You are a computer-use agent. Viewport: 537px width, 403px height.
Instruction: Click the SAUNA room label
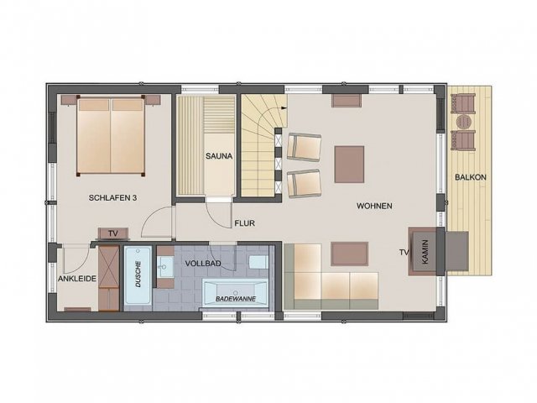pyautogui.click(x=219, y=156)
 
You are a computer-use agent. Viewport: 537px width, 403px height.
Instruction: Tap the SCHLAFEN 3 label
pyautogui.click(x=112, y=198)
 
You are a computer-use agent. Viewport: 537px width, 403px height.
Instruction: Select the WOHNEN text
pyautogui.click(x=374, y=206)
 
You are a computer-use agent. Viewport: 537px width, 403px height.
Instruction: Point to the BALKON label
pyautogui.click(x=471, y=177)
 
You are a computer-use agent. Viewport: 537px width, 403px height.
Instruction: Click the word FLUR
pyautogui.click(x=244, y=223)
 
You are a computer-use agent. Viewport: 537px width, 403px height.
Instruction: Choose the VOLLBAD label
pyautogui.click(x=203, y=264)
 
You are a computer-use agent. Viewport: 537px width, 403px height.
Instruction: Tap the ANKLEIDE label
pyautogui.click(x=77, y=279)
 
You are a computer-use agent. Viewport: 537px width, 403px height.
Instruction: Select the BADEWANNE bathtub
pyautogui.click(x=235, y=293)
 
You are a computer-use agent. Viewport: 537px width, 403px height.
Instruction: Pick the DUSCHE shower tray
pyautogui.click(x=138, y=275)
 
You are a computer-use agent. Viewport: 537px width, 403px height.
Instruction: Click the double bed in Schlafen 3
pyautogui.click(x=111, y=136)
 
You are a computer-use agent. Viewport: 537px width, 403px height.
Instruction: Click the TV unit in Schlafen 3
pyautogui.click(x=113, y=233)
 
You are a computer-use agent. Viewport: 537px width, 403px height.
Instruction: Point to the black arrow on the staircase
pyautogui.click(x=284, y=107)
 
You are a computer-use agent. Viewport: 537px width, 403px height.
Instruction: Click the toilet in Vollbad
pyautogui.click(x=258, y=262)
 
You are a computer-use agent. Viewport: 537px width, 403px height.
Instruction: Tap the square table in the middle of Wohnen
pyautogui.click(x=349, y=165)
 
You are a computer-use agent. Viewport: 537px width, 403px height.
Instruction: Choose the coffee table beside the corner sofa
pyautogui.click(x=349, y=254)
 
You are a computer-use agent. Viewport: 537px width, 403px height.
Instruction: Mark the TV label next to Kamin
pyautogui.click(x=404, y=253)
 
